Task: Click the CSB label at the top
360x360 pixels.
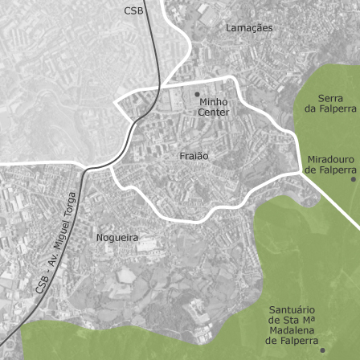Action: [133, 10]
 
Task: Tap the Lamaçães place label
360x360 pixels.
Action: [249, 27]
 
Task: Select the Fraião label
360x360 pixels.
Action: [194, 156]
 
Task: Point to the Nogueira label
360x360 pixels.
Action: [117, 238]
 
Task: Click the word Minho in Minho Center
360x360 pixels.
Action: [214, 102]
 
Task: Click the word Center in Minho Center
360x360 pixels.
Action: [214, 112]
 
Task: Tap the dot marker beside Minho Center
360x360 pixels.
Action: [197, 94]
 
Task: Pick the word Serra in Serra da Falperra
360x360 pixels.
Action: [330, 98]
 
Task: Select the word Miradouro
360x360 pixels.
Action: [330, 159]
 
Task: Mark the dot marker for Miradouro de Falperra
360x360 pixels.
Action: [353, 178]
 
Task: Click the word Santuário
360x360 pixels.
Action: [292, 309]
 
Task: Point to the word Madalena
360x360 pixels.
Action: [292, 330]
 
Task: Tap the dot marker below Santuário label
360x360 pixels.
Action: [322, 350]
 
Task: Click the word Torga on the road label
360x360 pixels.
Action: [71, 208]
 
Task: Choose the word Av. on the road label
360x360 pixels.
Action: [51, 262]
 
